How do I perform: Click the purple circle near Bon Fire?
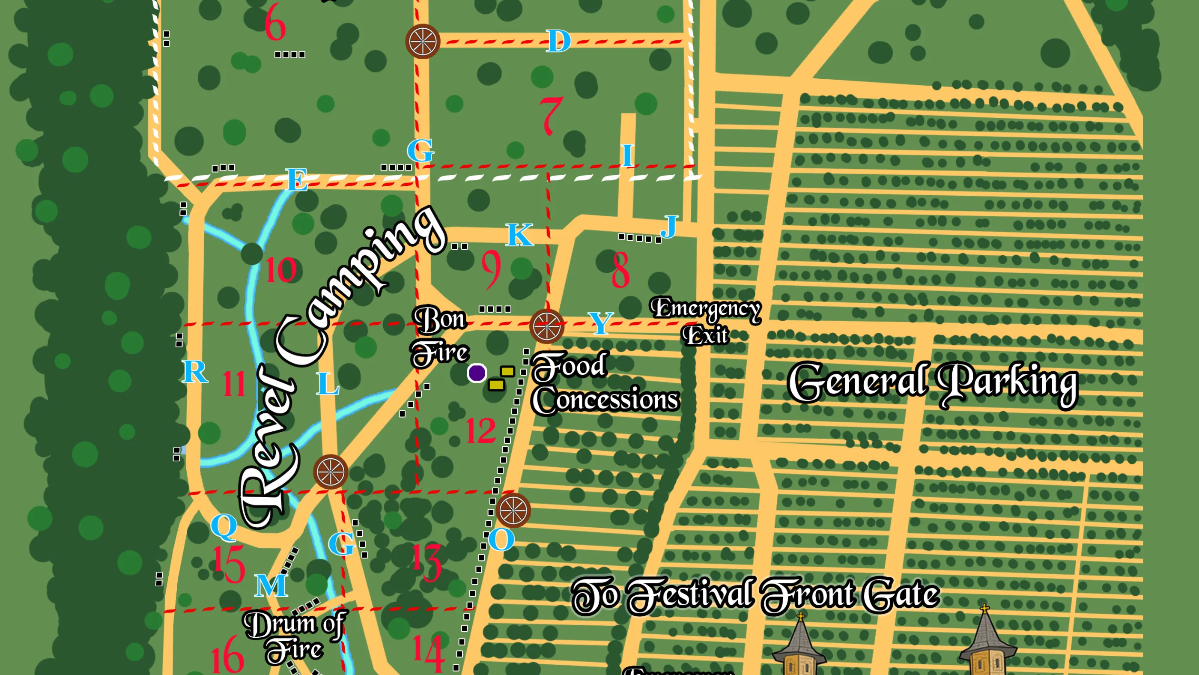[x=477, y=373]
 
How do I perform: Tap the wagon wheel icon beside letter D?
[x=422, y=41]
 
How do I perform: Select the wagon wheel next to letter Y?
[x=546, y=326]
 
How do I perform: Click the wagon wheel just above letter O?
[x=513, y=510]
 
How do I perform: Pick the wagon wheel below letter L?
[x=330, y=472]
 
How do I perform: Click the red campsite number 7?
[x=552, y=116]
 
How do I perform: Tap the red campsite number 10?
[x=280, y=269]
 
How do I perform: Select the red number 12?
[x=481, y=430]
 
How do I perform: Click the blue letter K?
[x=519, y=235]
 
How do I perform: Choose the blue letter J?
[x=669, y=227]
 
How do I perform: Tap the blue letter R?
[x=194, y=371]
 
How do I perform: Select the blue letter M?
[x=271, y=585]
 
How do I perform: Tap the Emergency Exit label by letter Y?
[x=705, y=321]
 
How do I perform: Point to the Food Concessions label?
[x=604, y=384]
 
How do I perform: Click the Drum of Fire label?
[x=294, y=636]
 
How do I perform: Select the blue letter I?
[x=627, y=155]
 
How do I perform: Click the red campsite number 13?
[x=427, y=562]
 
